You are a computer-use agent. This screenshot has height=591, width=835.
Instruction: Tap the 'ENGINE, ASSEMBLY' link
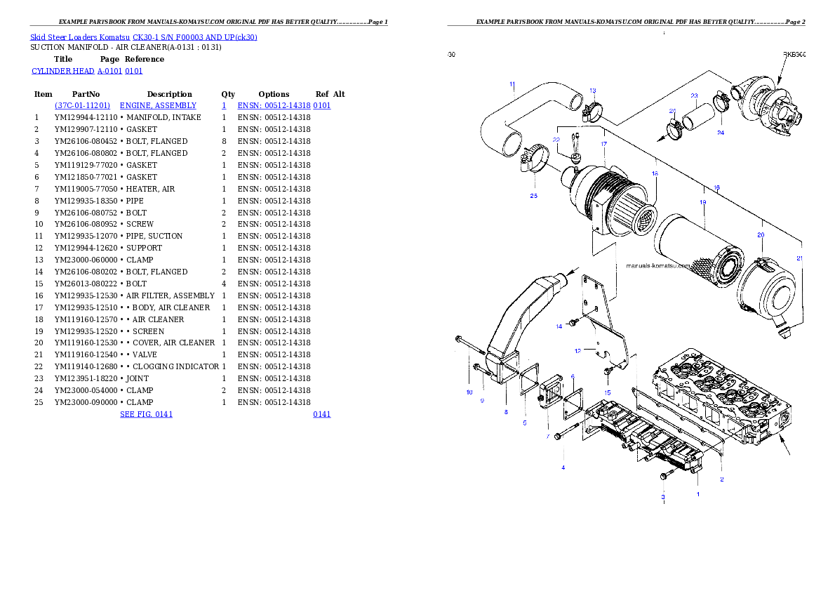click(x=158, y=105)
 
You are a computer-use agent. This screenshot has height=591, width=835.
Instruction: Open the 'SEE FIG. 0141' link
click(x=146, y=414)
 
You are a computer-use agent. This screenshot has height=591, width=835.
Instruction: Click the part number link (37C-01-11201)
click(x=83, y=105)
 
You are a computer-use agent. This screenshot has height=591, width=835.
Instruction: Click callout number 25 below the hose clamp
click(x=533, y=196)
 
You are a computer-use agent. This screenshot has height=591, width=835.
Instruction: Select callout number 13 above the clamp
click(x=593, y=91)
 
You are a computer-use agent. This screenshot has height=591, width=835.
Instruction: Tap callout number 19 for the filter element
click(x=702, y=202)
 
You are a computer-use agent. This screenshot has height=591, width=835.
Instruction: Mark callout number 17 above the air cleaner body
click(x=603, y=144)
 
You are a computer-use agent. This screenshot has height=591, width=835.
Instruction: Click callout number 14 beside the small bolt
click(x=559, y=326)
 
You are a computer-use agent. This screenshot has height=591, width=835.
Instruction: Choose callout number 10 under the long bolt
click(x=469, y=392)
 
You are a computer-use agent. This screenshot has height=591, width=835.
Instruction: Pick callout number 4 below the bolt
click(x=562, y=467)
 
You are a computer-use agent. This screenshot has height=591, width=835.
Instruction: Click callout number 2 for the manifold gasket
click(x=721, y=479)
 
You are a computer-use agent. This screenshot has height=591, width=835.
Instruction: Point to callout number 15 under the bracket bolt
click(x=608, y=392)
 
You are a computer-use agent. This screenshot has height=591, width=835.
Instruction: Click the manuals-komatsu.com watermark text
click(x=658, y=266)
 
